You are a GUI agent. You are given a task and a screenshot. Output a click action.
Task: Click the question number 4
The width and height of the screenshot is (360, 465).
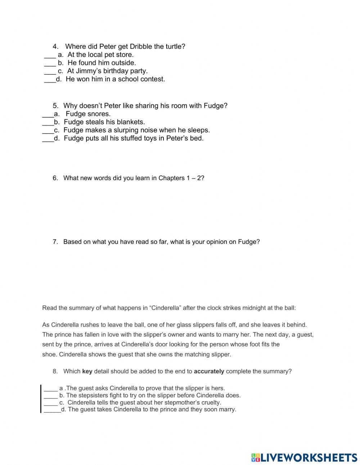55,46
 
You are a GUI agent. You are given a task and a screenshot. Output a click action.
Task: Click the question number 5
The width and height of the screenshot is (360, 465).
55,106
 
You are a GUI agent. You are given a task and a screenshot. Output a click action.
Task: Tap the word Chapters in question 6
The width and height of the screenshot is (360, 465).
171,178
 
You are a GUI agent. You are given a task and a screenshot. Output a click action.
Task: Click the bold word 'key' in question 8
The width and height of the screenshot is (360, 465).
87,371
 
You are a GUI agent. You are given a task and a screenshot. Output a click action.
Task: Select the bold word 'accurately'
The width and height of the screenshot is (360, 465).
209,371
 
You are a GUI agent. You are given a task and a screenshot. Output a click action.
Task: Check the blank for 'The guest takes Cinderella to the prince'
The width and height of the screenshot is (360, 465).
52,410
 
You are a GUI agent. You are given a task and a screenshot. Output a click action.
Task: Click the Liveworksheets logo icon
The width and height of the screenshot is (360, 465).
256,457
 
